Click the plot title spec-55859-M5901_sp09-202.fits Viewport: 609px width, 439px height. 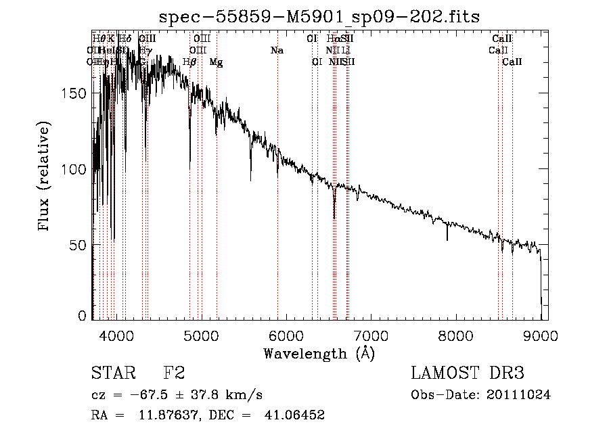pos(319,16)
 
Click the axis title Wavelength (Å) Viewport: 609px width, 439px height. pos(319,353)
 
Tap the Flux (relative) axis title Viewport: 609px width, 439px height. pos(45,177)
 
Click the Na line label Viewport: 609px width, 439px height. pos(277,51)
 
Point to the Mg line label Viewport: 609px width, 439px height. pos(216,62)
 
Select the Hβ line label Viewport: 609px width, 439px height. pos(190,62)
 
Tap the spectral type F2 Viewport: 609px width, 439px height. pos(174,373)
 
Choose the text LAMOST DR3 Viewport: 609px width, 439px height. pos(468,373)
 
